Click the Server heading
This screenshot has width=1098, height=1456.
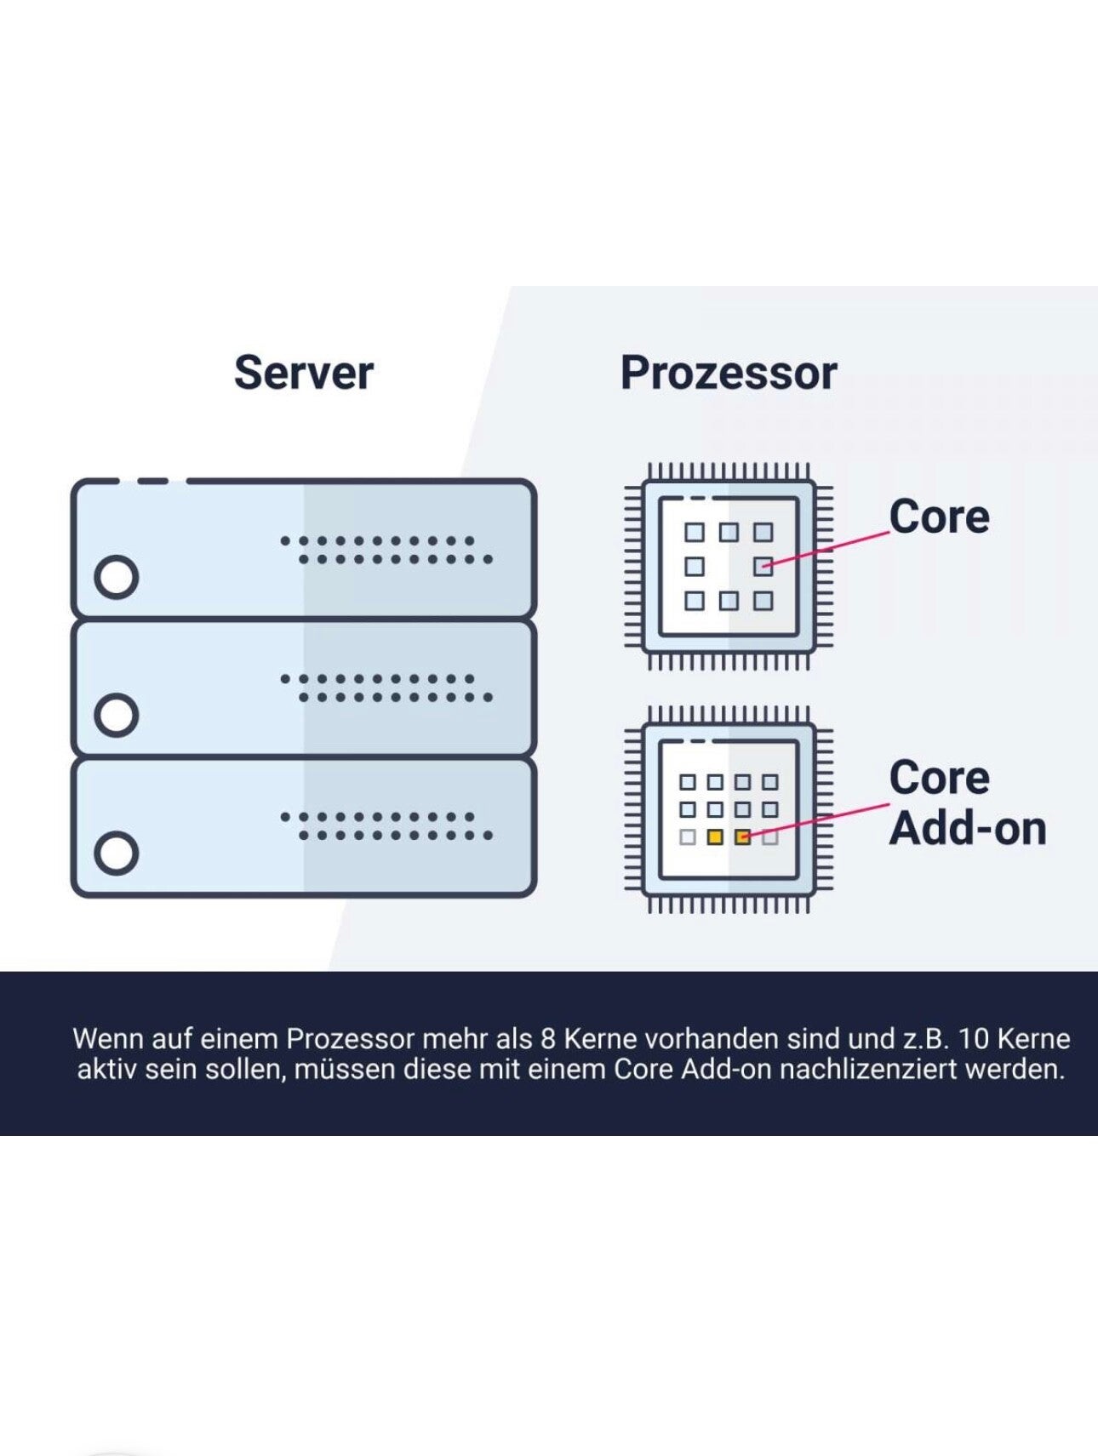coord(304,373)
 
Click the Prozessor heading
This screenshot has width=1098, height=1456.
coord(729,373)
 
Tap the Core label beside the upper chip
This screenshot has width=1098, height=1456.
coord(939,517)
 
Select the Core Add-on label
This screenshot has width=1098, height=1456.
coord(967,802)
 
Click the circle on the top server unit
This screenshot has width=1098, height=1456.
coord(117,577)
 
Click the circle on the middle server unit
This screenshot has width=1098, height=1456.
coord(117,715)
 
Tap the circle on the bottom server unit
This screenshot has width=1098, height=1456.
coord(117,853)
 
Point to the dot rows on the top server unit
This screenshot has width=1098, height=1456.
coord(386,550)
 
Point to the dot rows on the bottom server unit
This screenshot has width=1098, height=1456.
coord(386,825)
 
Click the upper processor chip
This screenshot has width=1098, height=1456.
coord(729,566)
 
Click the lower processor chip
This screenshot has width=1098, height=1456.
coord(729,809)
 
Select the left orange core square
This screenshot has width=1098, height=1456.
coord(715,837)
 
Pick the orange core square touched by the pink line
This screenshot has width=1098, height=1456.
coord(743,837)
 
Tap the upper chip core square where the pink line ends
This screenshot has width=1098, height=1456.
coord(763,566)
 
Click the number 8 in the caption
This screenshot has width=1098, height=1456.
coord(548,1039)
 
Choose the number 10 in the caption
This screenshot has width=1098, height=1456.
coord(974,1039)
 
